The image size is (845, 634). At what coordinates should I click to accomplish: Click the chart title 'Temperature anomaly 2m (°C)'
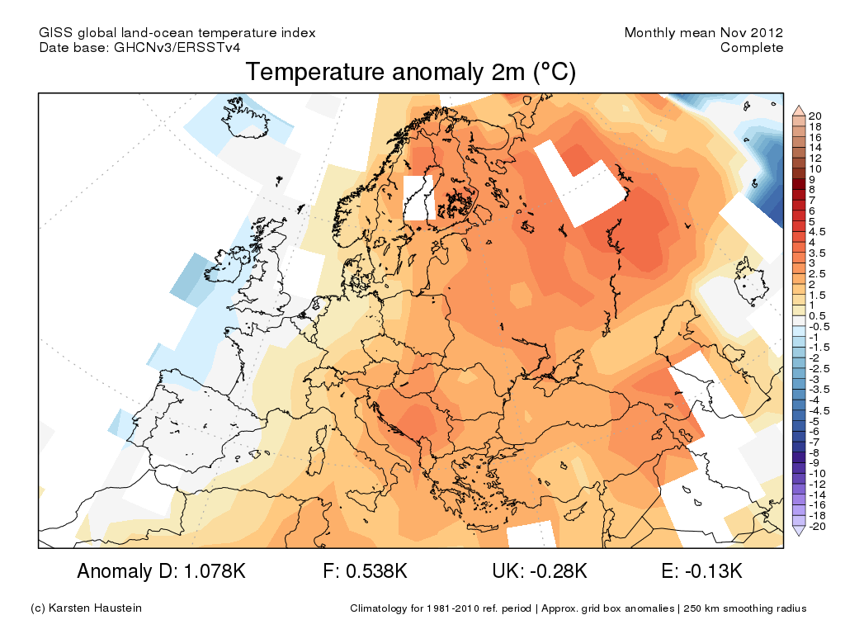[x=410, y=73]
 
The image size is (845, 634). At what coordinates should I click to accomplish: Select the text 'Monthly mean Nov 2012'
[x=703, y=33]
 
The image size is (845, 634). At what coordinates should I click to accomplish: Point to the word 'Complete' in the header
[x=752, y=48]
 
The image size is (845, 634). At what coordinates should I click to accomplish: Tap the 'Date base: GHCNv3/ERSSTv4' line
[x=140, y=48]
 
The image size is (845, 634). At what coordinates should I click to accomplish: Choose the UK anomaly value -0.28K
[x=558, y=571]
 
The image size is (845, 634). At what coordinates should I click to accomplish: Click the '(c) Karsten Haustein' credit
[x=86, y=608]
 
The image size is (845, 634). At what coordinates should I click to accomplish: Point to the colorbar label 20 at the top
[x=815, y=115]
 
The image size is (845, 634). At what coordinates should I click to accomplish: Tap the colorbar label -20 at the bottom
[x=817, y=527]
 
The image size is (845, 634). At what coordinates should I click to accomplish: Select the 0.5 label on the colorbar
[x=817, y=316]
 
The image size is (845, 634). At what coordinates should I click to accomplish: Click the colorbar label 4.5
[x=817, y=232]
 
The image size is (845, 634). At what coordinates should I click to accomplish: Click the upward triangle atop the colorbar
[x=799, y=109]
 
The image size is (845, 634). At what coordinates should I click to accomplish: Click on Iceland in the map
[x=239, y=117]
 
